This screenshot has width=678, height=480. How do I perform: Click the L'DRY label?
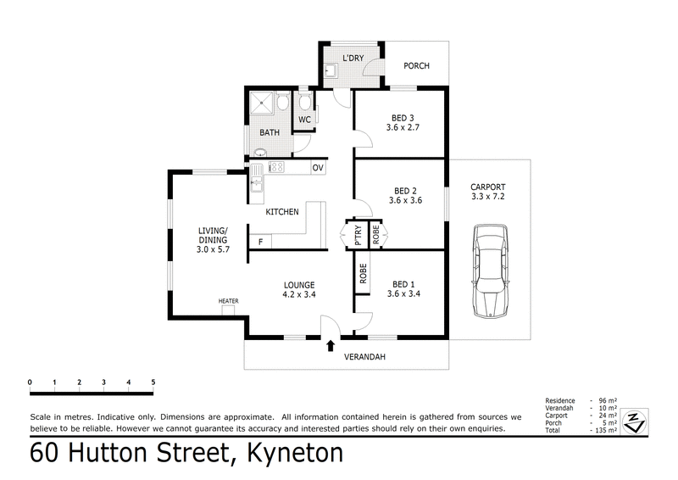[353, 59]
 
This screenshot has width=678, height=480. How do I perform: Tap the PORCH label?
[416, 66]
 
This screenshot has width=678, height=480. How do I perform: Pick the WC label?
[305, 120]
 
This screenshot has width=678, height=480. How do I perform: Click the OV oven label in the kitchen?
[318, 168]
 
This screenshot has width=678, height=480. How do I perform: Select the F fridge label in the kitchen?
[259, 243]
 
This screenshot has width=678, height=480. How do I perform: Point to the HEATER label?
[228, 301]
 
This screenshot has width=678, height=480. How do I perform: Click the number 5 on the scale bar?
[153, 382]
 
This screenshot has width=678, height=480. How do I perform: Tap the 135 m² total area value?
[603, 430]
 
